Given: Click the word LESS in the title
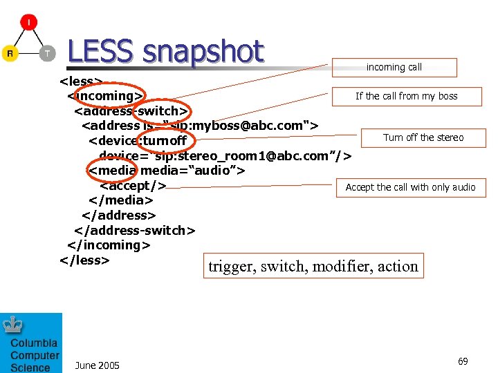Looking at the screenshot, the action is click(x=101, y=52).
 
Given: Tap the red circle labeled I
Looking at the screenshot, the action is click(x=28, y=22).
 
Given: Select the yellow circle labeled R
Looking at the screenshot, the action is click(x=10, y=53).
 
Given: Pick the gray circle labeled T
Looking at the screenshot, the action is click(x=47, y=53).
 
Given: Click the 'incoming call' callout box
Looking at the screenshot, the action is click(x=394, y=67).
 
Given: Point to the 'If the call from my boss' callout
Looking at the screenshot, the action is click(x=406, y=96).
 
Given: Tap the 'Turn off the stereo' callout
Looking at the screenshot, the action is click(x=423, y=137).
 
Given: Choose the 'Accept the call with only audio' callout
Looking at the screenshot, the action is click(x=410, y=187).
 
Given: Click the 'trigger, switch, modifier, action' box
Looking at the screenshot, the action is click(x=313, y=266).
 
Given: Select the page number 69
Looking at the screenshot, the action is click(x=463, y=361).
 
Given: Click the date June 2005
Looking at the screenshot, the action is click(x=97, y=365).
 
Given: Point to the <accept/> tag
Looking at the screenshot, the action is click(x=133, y=185).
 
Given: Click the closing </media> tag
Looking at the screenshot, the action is click(x=120, y=200).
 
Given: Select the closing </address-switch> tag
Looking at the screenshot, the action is click(x=135, y=230).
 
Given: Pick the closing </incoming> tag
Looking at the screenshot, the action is click(x=109, y=245).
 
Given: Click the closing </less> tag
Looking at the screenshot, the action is click(x=84, y=260).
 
